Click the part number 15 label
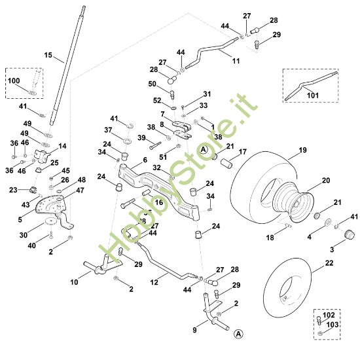click(48, 56)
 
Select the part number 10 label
click(74, 282)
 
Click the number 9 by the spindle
click(194, 331)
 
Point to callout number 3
click(331, 249)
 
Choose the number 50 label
click(152, 84)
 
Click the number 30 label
click(24, 234)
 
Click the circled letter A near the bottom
click(240, 333)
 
